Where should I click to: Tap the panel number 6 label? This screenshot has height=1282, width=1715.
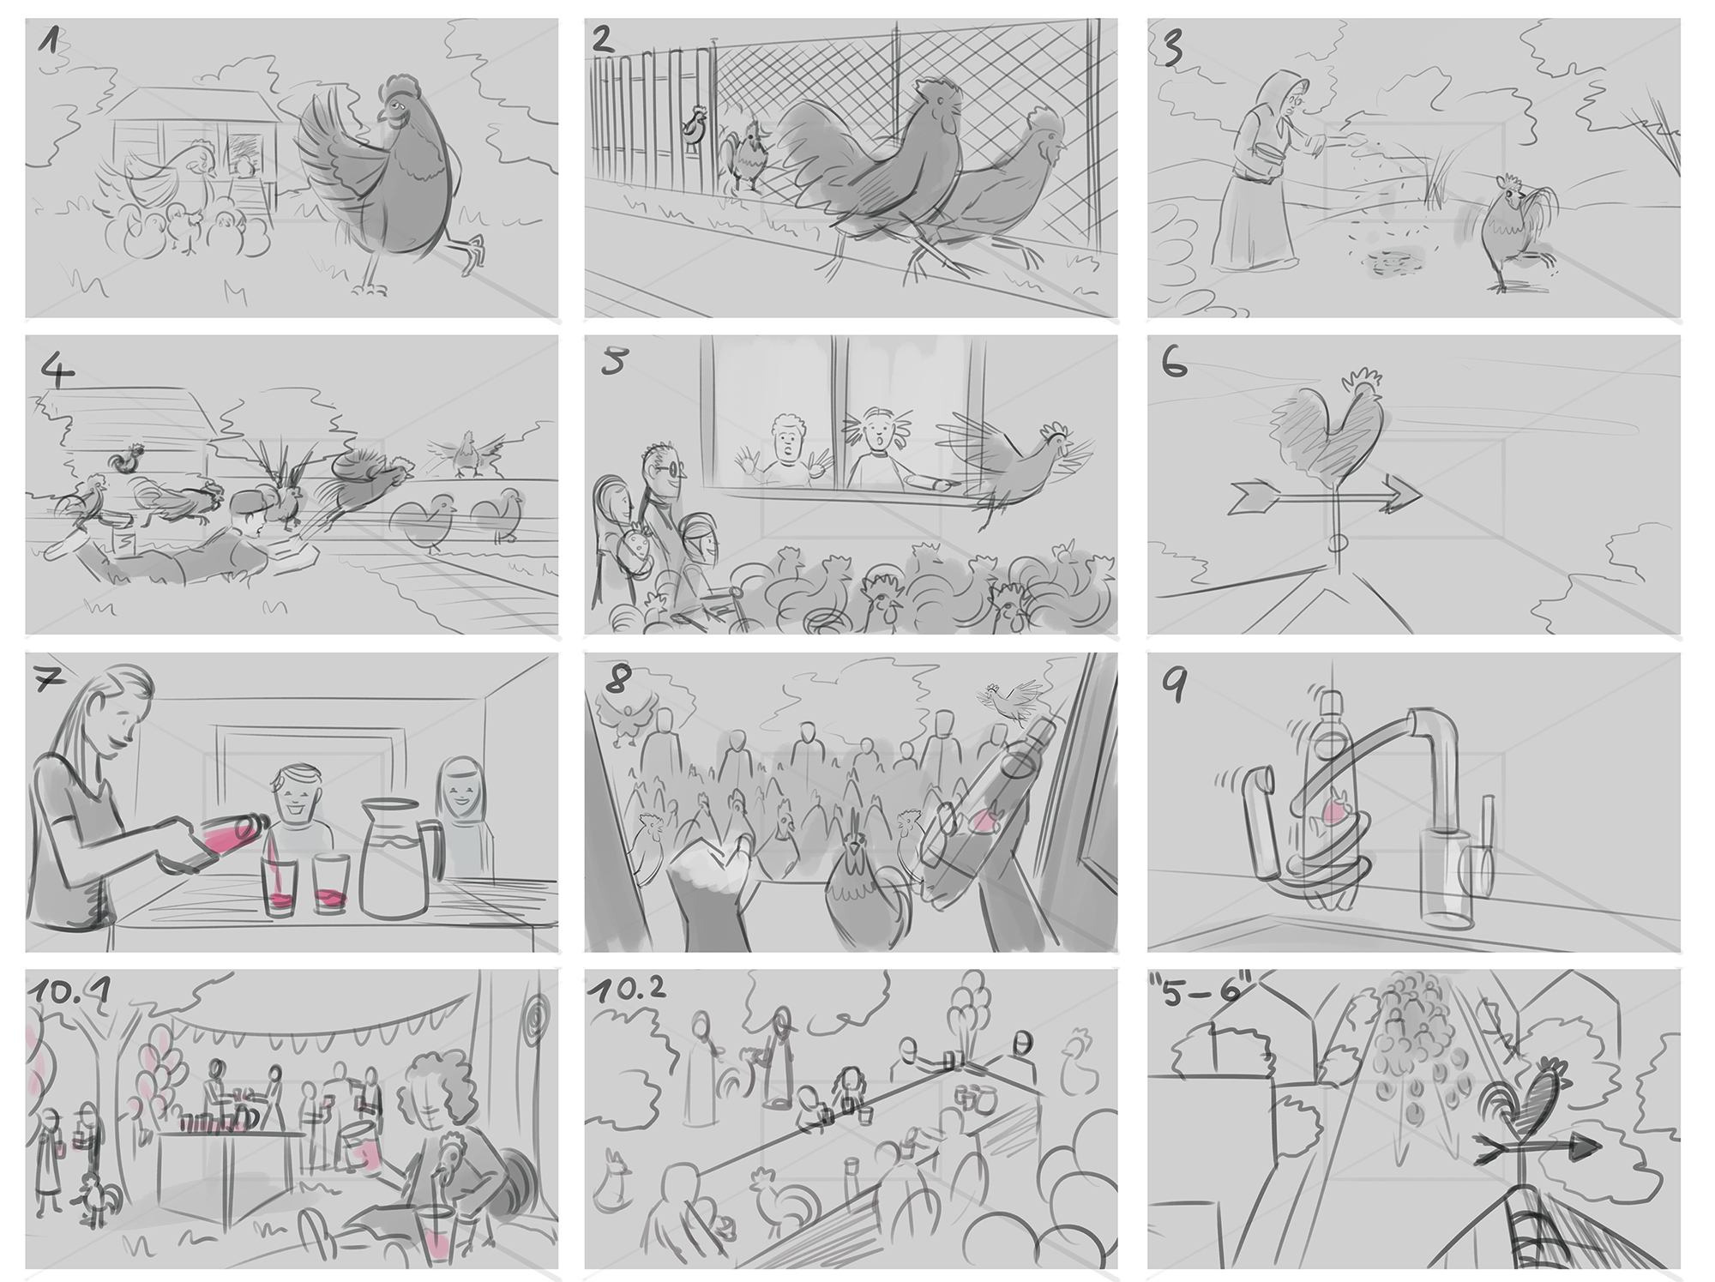1175,364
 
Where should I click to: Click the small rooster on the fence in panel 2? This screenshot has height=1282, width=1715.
694,125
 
